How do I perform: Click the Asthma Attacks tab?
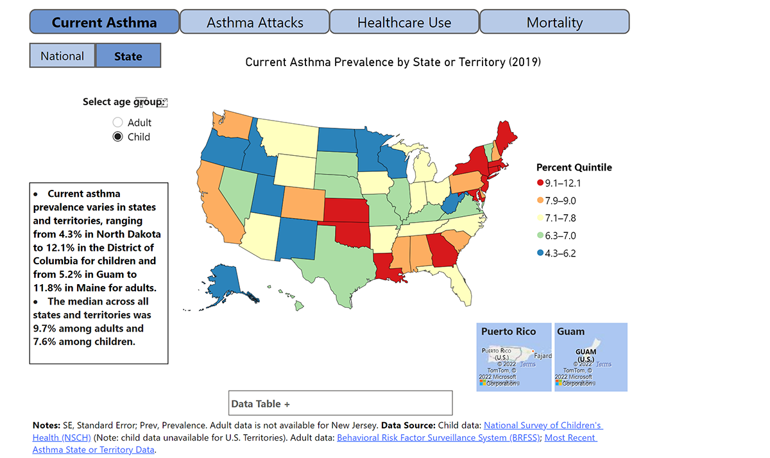(x=255, y=22)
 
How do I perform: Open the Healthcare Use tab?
(x=404, y=22)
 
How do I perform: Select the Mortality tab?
(x=554, y=22)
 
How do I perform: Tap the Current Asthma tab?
(x=104, y=22)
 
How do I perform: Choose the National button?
(x=62, y=56)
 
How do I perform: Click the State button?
(x=128, y=56)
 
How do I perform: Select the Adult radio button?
(x=117, y=123)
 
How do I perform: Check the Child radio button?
(x=117, y=137)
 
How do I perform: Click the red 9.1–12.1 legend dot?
(x=540, y=183)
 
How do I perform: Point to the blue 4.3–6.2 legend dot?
(x=540, y=253)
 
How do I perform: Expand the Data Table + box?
(x=340, y=403)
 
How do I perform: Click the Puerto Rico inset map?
(x=513, y=357)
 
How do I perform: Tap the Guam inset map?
(x=590, y=357)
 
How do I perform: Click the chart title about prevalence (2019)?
(x=393, y=62)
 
